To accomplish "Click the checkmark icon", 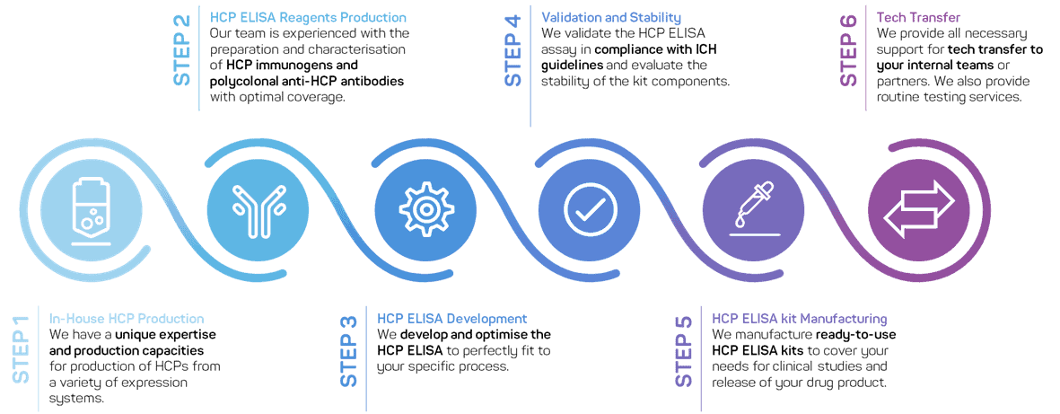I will (x=590, y=207).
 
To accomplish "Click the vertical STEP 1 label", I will (x=21, y=350).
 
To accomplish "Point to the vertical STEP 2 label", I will (x=183, y=50).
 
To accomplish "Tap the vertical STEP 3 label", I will (x=350, y=350).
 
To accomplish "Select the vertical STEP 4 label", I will (x=513, y=50).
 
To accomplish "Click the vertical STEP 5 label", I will (x=684, y=350).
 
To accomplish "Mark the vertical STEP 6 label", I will (x=849, y=50).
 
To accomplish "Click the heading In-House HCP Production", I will (x=127, y=319).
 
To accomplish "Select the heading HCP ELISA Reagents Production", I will (x=308, y=18).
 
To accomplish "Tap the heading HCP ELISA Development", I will (x=451, y=319).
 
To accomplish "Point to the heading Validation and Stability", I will (x=610, y=18).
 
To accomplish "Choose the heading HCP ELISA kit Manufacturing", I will (x=799, y=319).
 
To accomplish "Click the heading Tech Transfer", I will (x=906, y=18).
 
